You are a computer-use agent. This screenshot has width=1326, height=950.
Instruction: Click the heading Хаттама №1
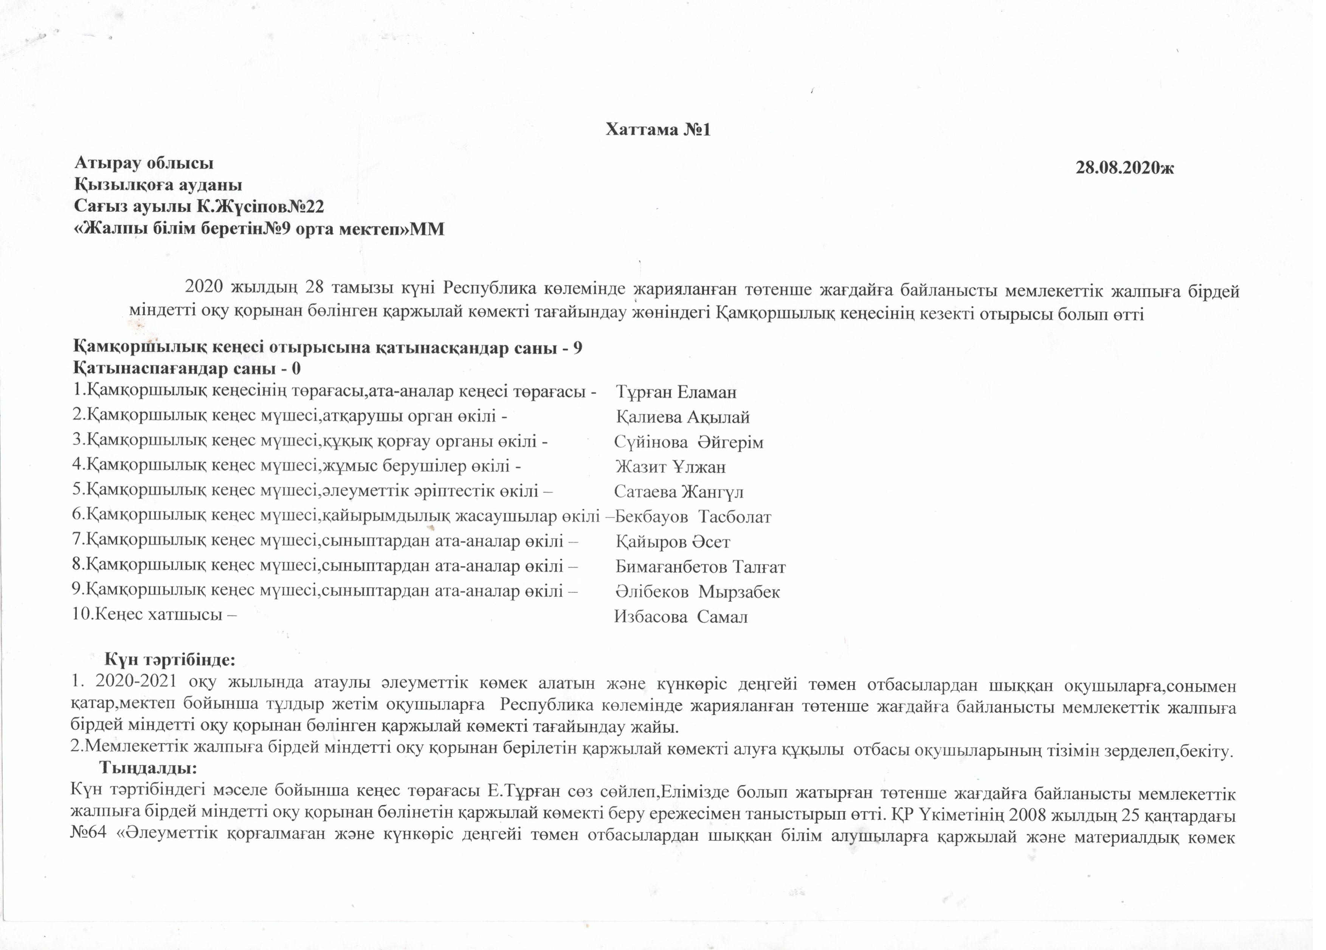[x=658, y=130]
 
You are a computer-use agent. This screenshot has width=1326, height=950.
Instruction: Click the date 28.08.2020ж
[x=1125, y=168]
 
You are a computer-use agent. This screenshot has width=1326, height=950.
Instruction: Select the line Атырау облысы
[x=144, y=163]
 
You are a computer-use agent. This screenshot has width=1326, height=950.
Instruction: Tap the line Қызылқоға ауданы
[x=158, y=185]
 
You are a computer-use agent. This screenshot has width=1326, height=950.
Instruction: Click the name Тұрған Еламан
[x=676, y=392]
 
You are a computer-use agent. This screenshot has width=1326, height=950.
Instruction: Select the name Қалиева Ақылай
[x=682, y=418]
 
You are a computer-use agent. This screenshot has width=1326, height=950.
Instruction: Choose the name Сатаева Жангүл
[x=679, y=492]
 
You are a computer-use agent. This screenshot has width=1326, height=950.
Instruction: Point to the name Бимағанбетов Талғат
[x=700, y=567]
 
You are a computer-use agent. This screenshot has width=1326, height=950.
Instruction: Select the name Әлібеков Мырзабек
[x=698, y=592]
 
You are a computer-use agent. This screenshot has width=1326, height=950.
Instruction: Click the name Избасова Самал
[x=681, y=617]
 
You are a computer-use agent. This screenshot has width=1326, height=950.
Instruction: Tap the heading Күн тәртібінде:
[x=169, y=660]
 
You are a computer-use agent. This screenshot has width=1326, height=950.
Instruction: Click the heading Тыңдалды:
[x=147, y=767]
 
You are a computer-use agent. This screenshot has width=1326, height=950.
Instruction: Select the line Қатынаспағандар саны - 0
[x=187, y=369]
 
